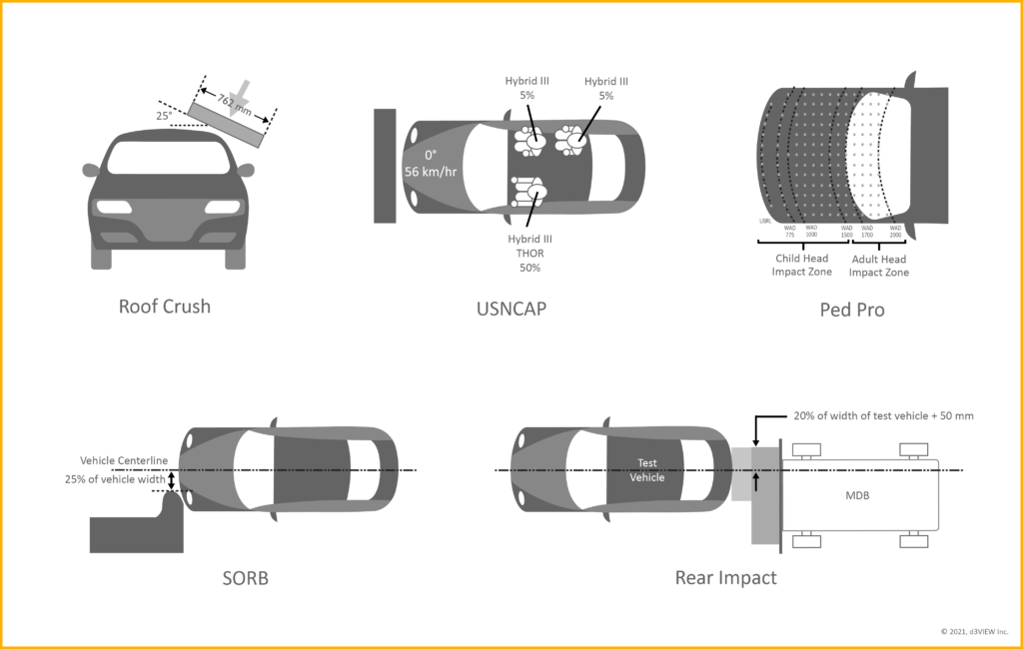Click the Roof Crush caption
(x=165, y=307)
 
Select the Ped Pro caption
(x=853, y=310)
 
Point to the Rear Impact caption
(x=725, y=577)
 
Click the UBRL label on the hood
(x=764, y=221)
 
